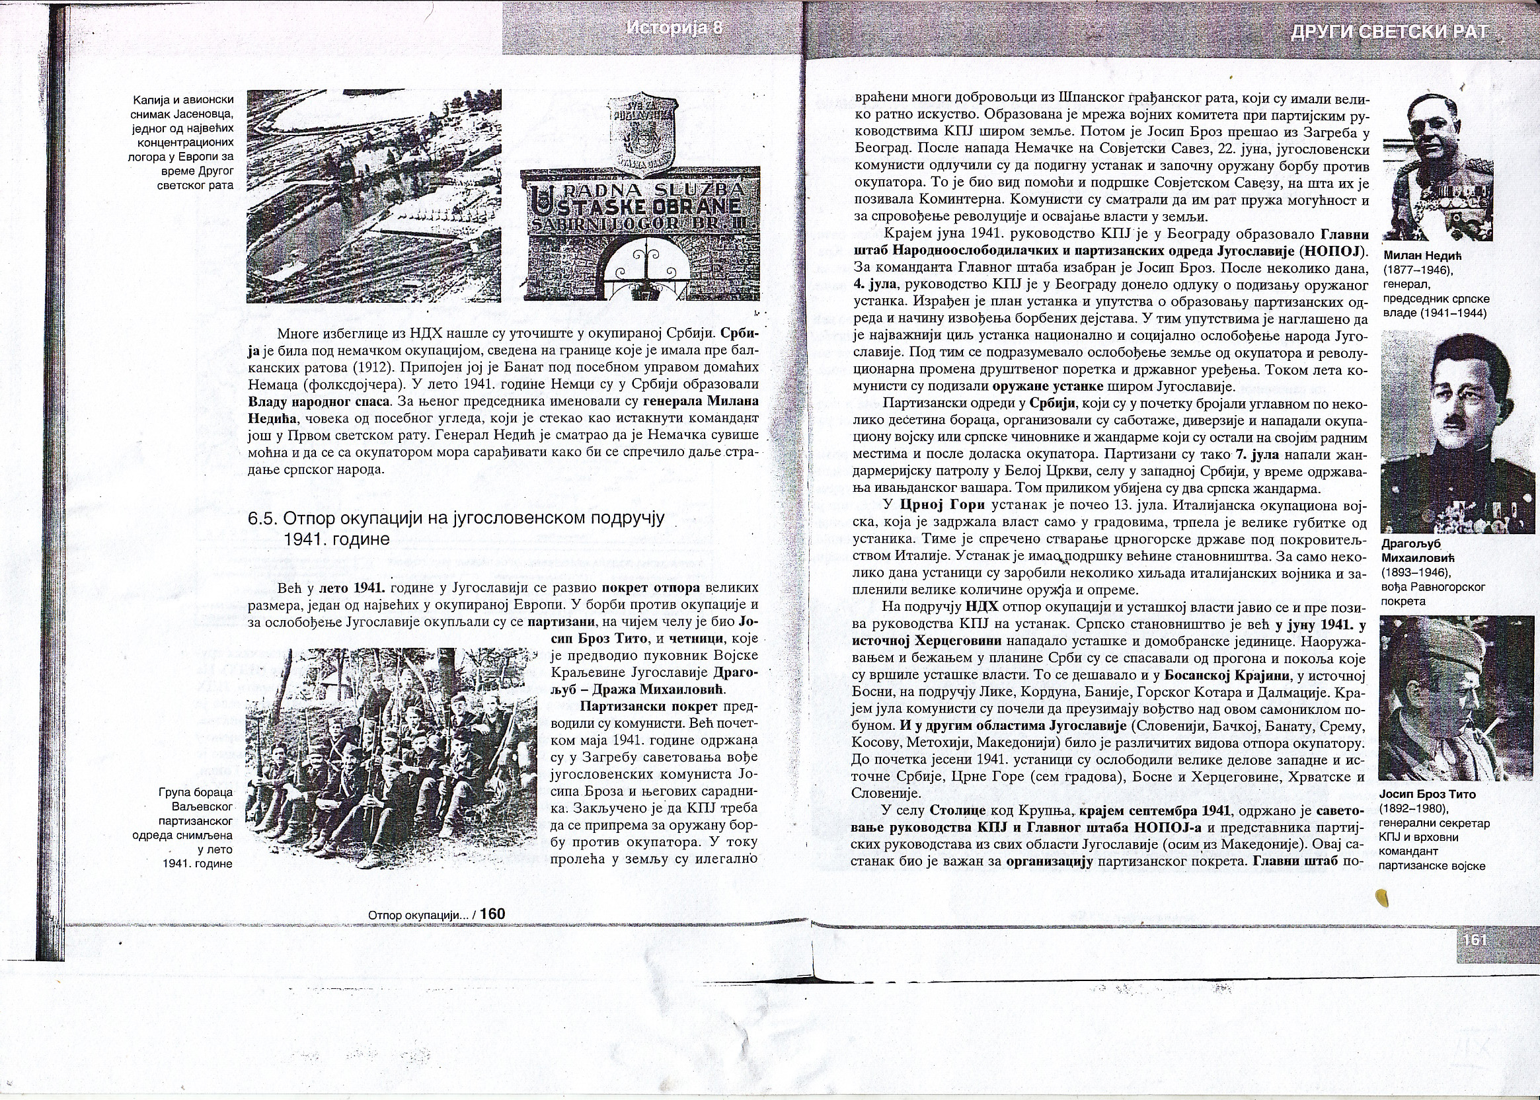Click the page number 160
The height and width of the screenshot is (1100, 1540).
point(492,914)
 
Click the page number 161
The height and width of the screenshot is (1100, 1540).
point(1474,940)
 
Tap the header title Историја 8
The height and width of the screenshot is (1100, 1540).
point(675,28)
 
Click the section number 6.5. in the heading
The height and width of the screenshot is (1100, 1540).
point(263,519)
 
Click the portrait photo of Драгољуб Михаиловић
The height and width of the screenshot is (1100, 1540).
point(1457,432)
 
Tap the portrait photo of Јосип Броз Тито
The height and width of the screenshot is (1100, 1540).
point(1456,698)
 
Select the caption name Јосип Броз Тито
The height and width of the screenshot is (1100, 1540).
point(1427,795)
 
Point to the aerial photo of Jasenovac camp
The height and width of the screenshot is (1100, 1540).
point(374,196)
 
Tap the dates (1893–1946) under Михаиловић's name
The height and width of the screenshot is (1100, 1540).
point(1415,572)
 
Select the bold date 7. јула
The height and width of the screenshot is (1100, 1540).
point(1258,455)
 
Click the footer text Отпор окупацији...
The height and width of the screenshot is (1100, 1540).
point(418,915)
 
